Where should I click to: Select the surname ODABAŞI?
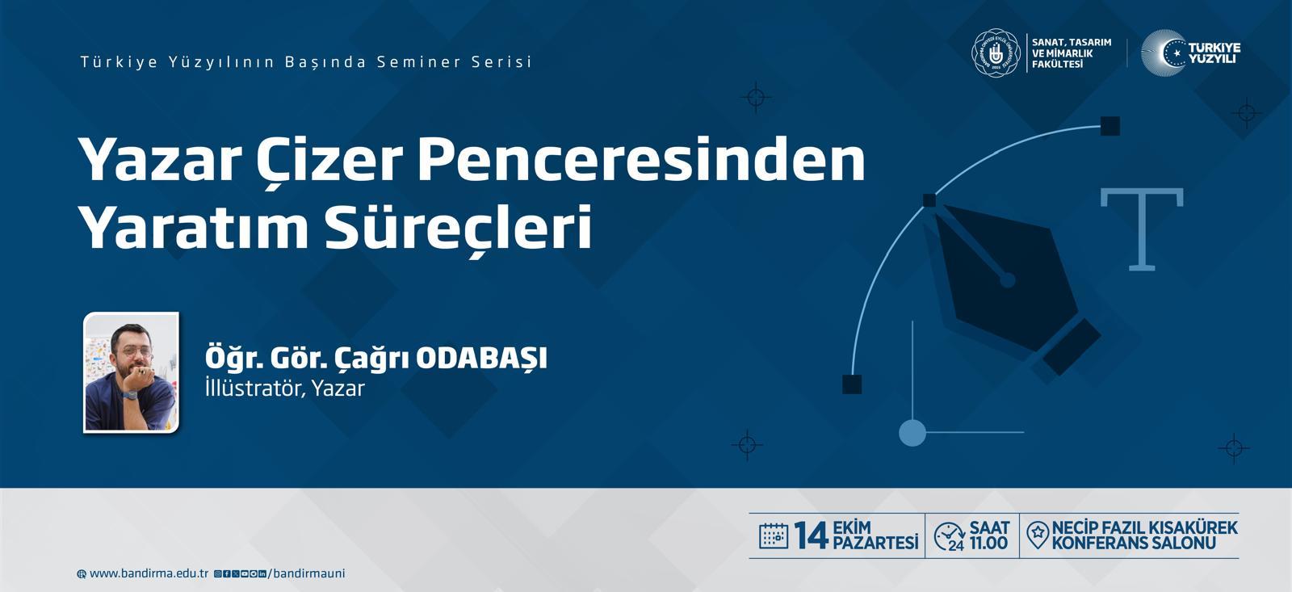click(481, 359)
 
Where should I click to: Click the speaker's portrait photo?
click(131, 373)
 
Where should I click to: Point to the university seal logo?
click(996, 52)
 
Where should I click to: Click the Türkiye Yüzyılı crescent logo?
click(1190, 52)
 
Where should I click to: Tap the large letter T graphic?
click(1142, 229)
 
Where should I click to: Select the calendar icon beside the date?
click(774, 535)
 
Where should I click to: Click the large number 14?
click(811, 535)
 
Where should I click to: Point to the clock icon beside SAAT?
click(950, 536)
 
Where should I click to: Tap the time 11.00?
click(988, 544)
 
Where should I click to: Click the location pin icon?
click(1038, 535)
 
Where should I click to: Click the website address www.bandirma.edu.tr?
click(149, 573)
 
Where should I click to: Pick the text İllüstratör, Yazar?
click(285, 388)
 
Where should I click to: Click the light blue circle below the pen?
click(912, 433)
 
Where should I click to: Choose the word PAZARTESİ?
click(875, 543)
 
